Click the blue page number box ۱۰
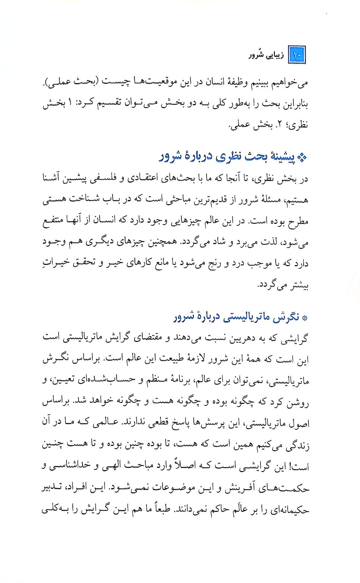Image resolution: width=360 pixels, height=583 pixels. [297, 55]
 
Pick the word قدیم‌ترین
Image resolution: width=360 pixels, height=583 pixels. [211, 200]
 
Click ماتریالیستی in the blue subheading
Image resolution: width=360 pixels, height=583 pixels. [245, 317]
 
